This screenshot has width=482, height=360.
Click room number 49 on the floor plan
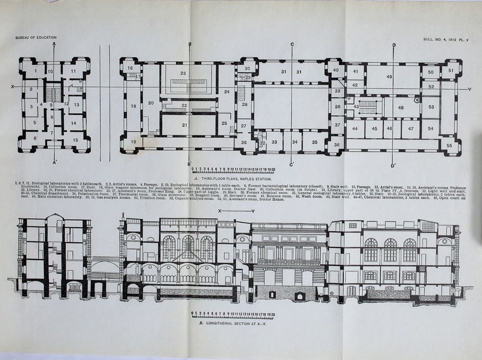pyautogui.click(x=389, y=76)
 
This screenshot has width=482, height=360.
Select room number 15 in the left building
pyautogui.click(x=75, y=140)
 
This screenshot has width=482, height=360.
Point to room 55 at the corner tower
pyautogui.click(x=449, y=144)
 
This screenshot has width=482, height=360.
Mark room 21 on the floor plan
pyautogui.click(x=184, y=125)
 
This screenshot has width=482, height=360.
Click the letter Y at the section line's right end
pyautogui.click(x=469, y=90)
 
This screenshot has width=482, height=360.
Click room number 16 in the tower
pyautogui.click(x=130, y=69)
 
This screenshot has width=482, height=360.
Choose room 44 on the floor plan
pyautogui.click(x=355, y=128)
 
